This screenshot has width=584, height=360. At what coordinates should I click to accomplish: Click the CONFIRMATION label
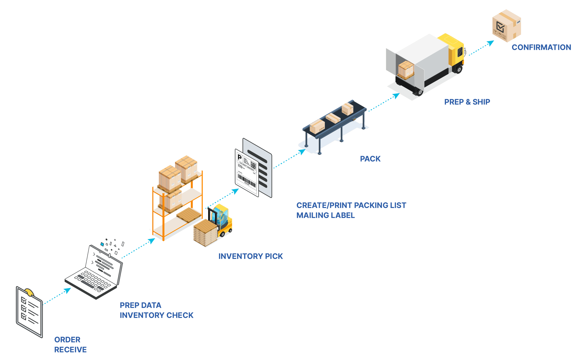[x=541, y=47]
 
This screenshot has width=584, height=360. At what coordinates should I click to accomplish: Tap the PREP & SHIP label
[x=467, y=102]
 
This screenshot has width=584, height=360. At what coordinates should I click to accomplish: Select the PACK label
[x=370, y=159]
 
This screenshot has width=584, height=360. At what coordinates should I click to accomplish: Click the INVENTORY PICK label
[x=250, y=256]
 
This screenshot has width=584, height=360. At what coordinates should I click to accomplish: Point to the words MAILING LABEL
[x=325, y=215]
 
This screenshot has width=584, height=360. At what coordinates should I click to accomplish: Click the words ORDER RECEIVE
[x=70, y=345]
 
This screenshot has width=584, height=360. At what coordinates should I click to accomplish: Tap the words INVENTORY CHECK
[x=157, y=315]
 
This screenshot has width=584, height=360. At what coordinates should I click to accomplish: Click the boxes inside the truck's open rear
[x=406, y=70]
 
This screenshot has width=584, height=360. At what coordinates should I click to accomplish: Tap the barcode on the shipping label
[x=247, y=181]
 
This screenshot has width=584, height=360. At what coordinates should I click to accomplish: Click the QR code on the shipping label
[x=253, y=165]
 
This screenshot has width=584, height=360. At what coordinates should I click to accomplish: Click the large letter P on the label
[x=240, y=157]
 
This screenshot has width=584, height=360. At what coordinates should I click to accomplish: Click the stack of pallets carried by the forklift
[x=205, y=233]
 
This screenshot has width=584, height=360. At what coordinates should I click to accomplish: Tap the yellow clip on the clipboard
[x=29, y=292]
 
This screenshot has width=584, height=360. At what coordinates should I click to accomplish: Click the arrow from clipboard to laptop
[x=57, y=296]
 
